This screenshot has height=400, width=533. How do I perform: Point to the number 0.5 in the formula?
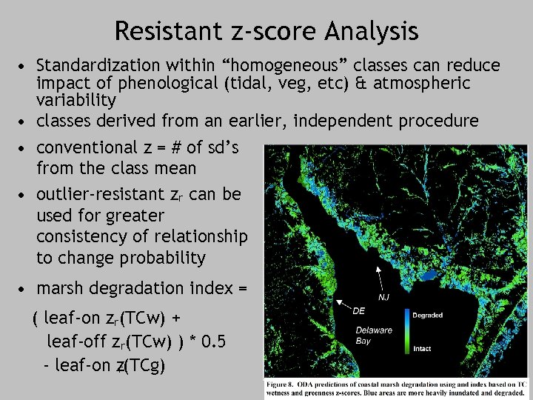214,342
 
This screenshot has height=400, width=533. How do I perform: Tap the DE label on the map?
359,310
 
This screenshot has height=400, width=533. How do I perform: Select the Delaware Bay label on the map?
373,336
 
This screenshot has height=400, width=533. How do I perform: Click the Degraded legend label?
428,315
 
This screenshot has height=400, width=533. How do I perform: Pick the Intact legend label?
422,347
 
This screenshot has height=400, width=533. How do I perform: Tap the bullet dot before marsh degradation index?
25,289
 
